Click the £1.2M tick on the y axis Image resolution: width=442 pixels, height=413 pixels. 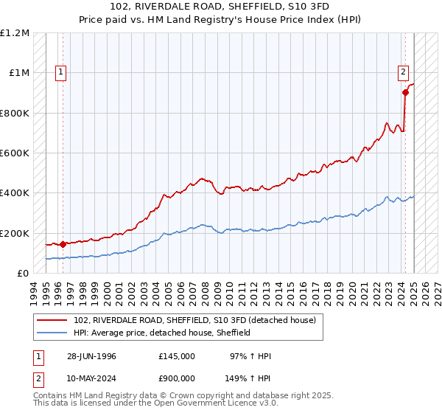[x=16, y=33]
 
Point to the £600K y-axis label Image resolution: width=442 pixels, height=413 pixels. [x=15, y=153]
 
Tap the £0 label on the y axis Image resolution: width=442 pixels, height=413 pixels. [x=24, y=274]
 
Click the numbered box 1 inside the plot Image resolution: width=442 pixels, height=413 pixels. [x=60, y=72]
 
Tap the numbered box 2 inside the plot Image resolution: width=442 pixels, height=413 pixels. [x=404, y=72]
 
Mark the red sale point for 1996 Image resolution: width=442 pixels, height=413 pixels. [x=63, y=244]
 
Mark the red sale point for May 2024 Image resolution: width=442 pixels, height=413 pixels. [x=405, y=93]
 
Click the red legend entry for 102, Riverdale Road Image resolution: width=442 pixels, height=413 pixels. [x=194, y=320]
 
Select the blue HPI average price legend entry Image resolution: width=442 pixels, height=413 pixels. [x=162, y=333]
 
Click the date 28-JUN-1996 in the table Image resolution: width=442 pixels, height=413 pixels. [x=91, y=356]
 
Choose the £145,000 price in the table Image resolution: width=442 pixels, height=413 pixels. [x=176, y=356]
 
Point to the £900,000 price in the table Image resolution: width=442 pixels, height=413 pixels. [x=176, y=378]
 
